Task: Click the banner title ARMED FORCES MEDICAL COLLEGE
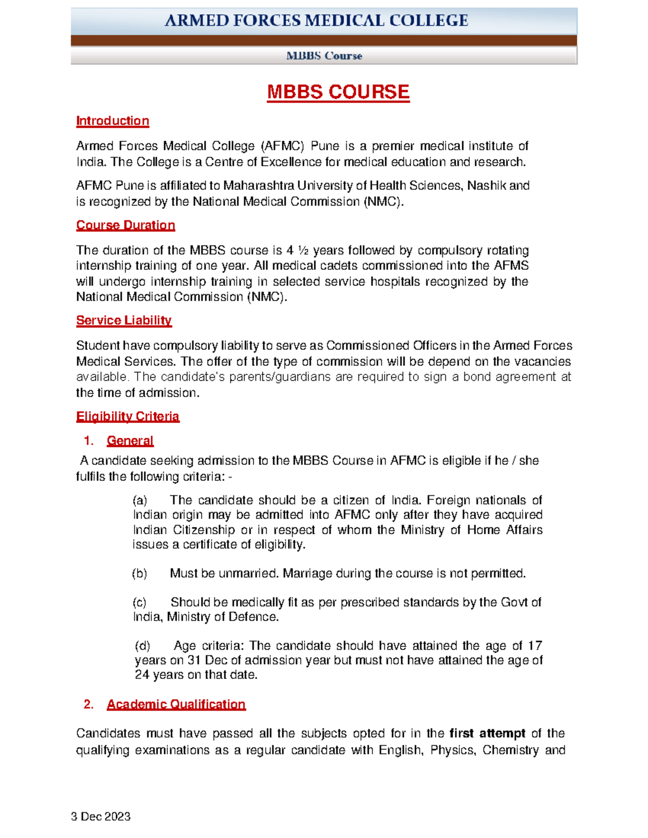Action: click(316, 21)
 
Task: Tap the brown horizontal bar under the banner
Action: click(324, 40)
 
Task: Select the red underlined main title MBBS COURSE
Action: click(338, 92)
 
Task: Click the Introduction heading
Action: click(112, 121)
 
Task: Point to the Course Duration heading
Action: click(125, 225)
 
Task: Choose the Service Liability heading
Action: click(124, 321)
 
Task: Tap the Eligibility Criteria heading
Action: click(127, 417)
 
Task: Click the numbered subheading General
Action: click(130, 441)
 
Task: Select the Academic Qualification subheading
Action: click(176, 704)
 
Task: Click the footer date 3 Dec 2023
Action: click(101, 816)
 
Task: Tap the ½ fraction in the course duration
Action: click(303, 250)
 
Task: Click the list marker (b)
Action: click(140, 573)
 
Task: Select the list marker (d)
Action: click(143, 645)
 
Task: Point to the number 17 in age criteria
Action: click(535, 645)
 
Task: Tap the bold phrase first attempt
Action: click(487, 733)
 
